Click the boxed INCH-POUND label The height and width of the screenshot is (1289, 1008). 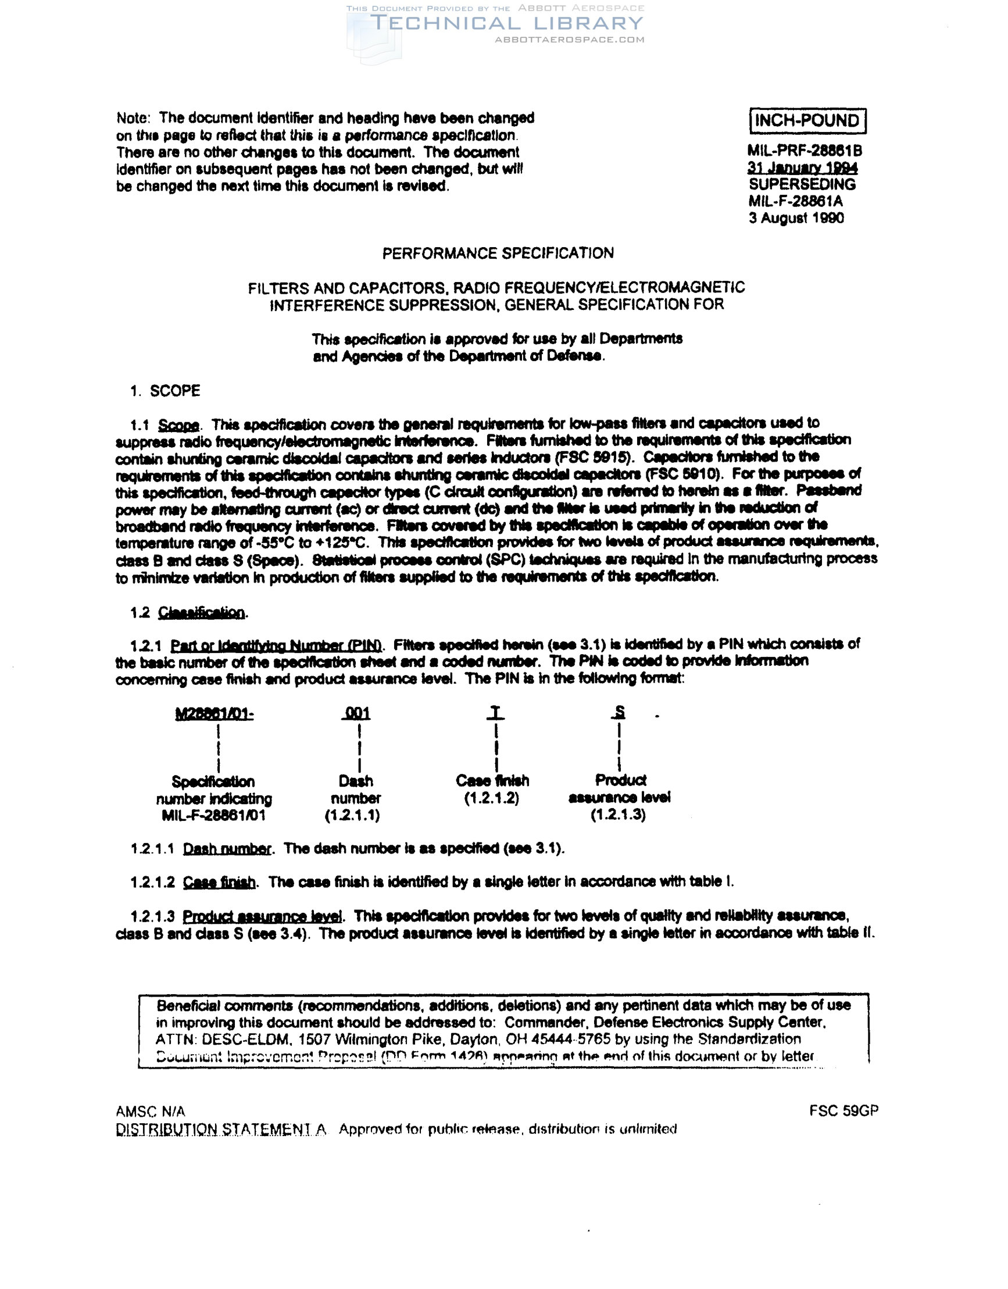tap(807, 121)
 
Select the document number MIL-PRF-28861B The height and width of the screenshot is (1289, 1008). tap(805, 151)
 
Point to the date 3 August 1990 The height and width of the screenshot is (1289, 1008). tap(796, 219)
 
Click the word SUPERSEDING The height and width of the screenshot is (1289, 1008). tap(802, 184)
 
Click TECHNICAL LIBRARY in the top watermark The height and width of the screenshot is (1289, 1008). tap(506, 24)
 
